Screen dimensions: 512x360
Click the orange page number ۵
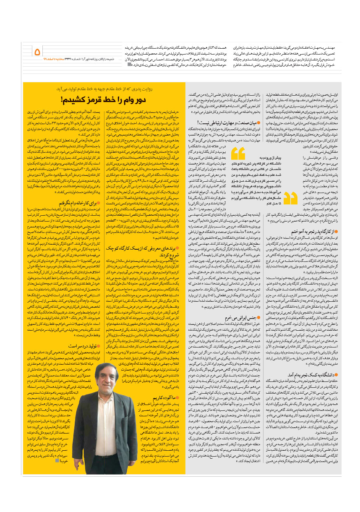coord(37,52)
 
